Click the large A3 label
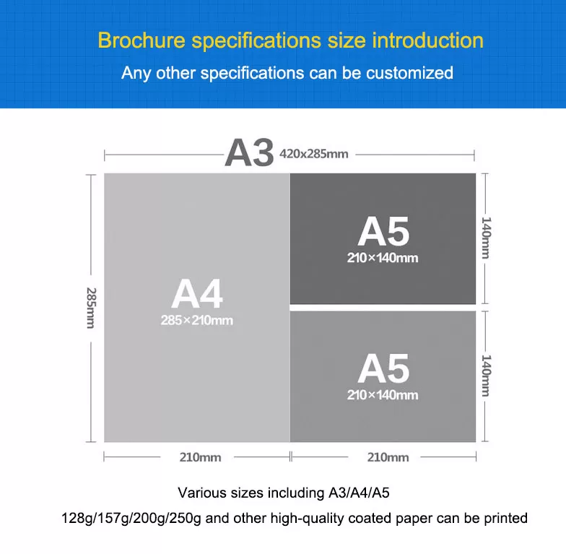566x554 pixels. point(249,153)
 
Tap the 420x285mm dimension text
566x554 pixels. point(313,154)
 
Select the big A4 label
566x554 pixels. point(196,294)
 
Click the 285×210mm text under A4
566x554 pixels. point(196,320)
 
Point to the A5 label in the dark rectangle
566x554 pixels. point(383,231)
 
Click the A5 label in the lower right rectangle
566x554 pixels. point(383,368)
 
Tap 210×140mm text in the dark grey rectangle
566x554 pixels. point(383,258)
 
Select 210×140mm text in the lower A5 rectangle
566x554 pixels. point(383,394)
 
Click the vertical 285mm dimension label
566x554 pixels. point(91,308)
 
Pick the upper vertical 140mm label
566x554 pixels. point(486,238)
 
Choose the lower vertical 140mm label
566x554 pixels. point(486,376)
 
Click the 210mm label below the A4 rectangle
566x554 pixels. point(201,457)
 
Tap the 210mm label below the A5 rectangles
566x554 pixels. point(388,457)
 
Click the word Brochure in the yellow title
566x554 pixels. point(141,40)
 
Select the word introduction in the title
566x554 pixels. point(427,40)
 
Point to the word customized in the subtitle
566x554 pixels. point(410,72)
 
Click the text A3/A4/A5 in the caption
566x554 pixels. point(360,493)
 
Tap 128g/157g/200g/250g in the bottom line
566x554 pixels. point(131,518)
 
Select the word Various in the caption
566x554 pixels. point(202,493)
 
